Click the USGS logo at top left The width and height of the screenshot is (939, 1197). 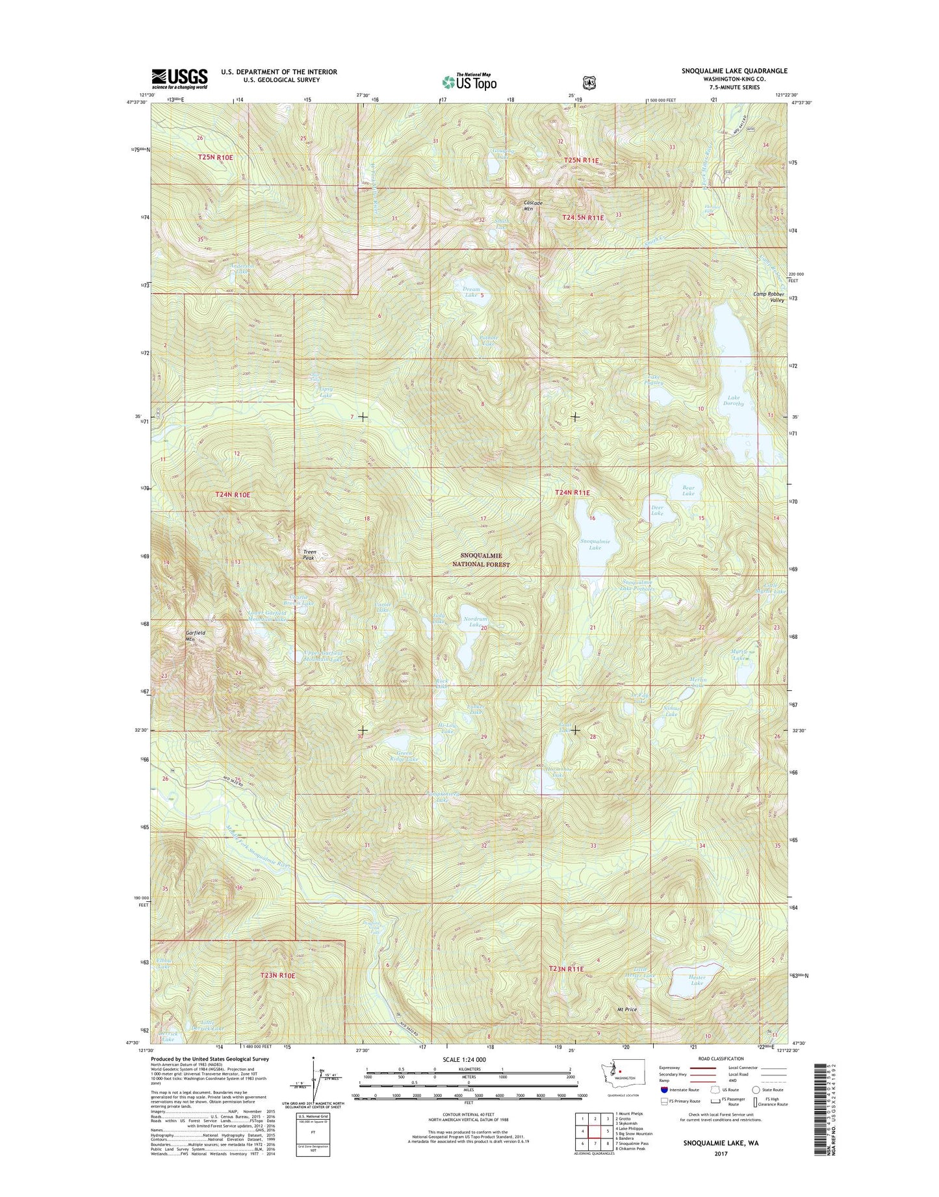[x=179, y=79]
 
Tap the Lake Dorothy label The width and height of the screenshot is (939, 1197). [x=734, y=400]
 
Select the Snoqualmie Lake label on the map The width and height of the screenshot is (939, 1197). [x=590, y=545]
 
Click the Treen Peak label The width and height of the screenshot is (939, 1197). [x=310, y=555]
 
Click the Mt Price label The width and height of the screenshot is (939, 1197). [x=626, y=1009]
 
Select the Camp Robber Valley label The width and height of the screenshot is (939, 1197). [x=769, y=296]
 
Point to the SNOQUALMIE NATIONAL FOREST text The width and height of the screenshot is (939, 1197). [x=481, y=560]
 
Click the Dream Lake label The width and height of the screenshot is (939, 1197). [x=470, y=292]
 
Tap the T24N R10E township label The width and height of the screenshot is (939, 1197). [x=233, y=495]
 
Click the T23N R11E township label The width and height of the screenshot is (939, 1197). [x=567, y=969]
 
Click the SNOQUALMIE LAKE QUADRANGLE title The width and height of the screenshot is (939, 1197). [x=734, y=71]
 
